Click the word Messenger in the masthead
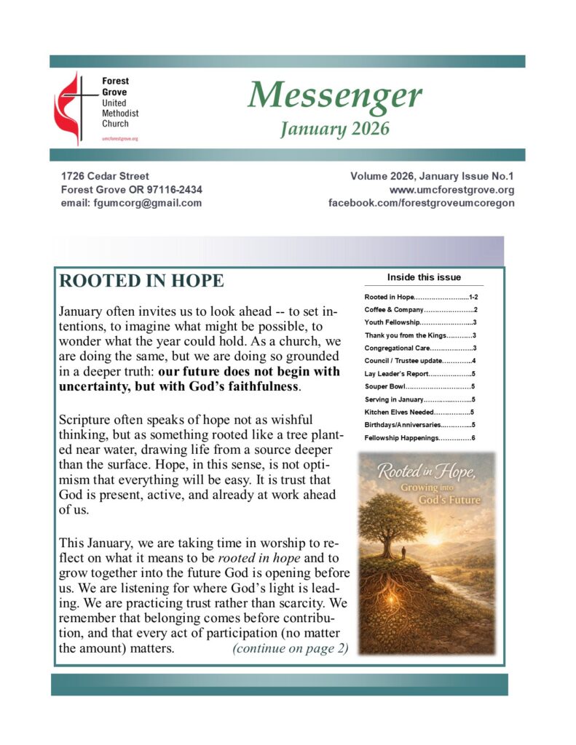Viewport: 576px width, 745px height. [x=334, y=95]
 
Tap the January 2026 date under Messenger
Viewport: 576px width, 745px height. [x=334, y=129]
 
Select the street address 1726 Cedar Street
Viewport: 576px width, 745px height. [x=105, y=176]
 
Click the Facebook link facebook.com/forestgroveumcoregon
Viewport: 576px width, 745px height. [x=422, y=203]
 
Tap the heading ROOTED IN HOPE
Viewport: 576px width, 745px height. [x=141, y=282]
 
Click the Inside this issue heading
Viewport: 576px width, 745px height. [x=424, y=277]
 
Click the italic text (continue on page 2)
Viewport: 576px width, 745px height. [x=290, y=649]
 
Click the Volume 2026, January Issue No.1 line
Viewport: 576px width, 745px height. [x=432, y=176]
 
